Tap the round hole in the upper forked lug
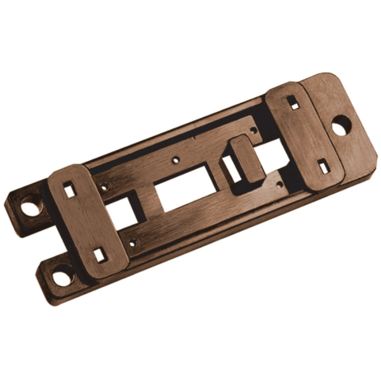tap(29, 206)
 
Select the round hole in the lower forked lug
tap(62, 278)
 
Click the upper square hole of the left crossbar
tap(69, 189)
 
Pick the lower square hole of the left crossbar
tap(100, 255)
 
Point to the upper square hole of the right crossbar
tap(292, 101)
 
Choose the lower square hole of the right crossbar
tap(323, 166)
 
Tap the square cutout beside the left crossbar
tap(120, 213)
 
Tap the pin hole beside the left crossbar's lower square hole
tap(132, 241)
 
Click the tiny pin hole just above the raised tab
tap(253, 130)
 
